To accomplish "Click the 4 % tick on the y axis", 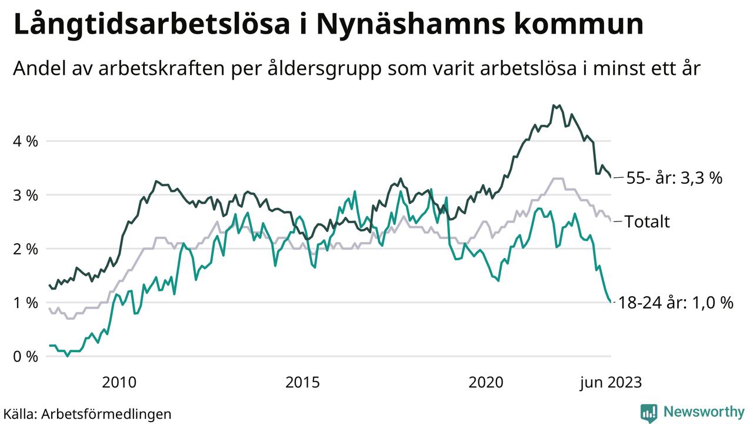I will pyautogui.click(x=26, y=141).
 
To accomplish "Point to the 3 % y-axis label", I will pyautogui.click(x=26, y=195).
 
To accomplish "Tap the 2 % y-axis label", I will pyautogui.click(x=26, y=249).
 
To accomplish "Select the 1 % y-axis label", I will pyautogui.click(x=26, y=303).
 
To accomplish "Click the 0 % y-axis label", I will pyautogui.click(x=26, y=357).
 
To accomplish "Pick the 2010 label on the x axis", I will pyautogui.click(x=119, y=383).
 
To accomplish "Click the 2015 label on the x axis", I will pyautogui.click(x=302, y=383).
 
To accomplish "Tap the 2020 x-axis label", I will pyautogui.click(x=486, y=383).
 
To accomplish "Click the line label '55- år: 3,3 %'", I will pyautogui.click(x=674, y=178).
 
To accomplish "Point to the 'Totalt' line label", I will pyautogui.click(x=647, y=221).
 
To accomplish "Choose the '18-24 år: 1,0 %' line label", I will pyautogui.click(x=676, y=303).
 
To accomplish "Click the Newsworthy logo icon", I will pyautogui.click(x=649, y=412).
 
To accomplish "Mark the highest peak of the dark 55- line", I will pyautogui.click(x=554, y=105).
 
